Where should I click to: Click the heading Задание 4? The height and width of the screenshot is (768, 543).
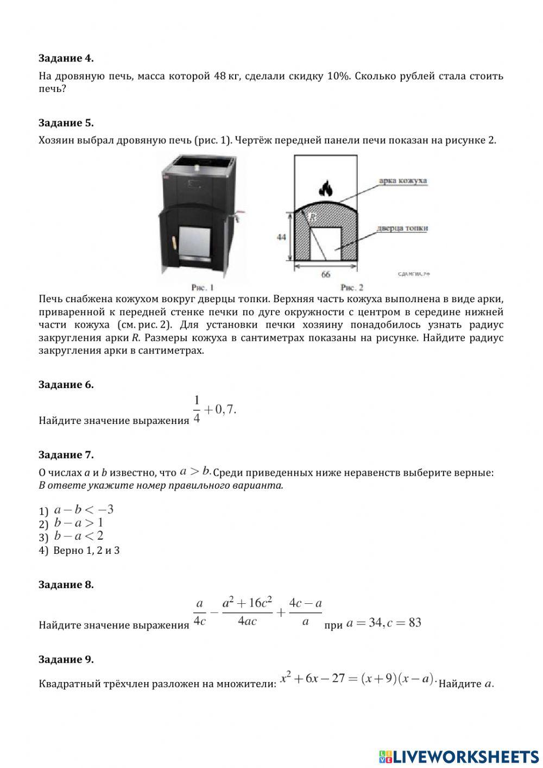tap(66, 58)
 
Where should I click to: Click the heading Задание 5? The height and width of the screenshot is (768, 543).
tap(66, 122)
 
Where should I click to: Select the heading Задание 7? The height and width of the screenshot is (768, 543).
tap(66, 454)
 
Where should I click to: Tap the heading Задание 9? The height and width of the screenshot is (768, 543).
tap(66, 659)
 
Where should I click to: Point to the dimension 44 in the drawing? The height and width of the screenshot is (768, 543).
tap(281, 238)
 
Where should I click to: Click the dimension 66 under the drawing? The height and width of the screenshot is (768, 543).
tap(326, 274)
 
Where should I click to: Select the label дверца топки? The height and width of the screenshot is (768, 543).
tap(402, 228)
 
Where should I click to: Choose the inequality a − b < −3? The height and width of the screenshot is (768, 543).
tap(84, 510)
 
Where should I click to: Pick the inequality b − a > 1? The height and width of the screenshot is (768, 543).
tap(79, 523)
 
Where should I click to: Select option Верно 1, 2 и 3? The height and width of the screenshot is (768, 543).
tap(86, 550)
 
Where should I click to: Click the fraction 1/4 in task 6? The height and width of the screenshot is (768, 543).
tap(197, 409)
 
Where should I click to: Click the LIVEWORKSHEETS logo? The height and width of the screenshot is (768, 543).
tap(459, 756)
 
